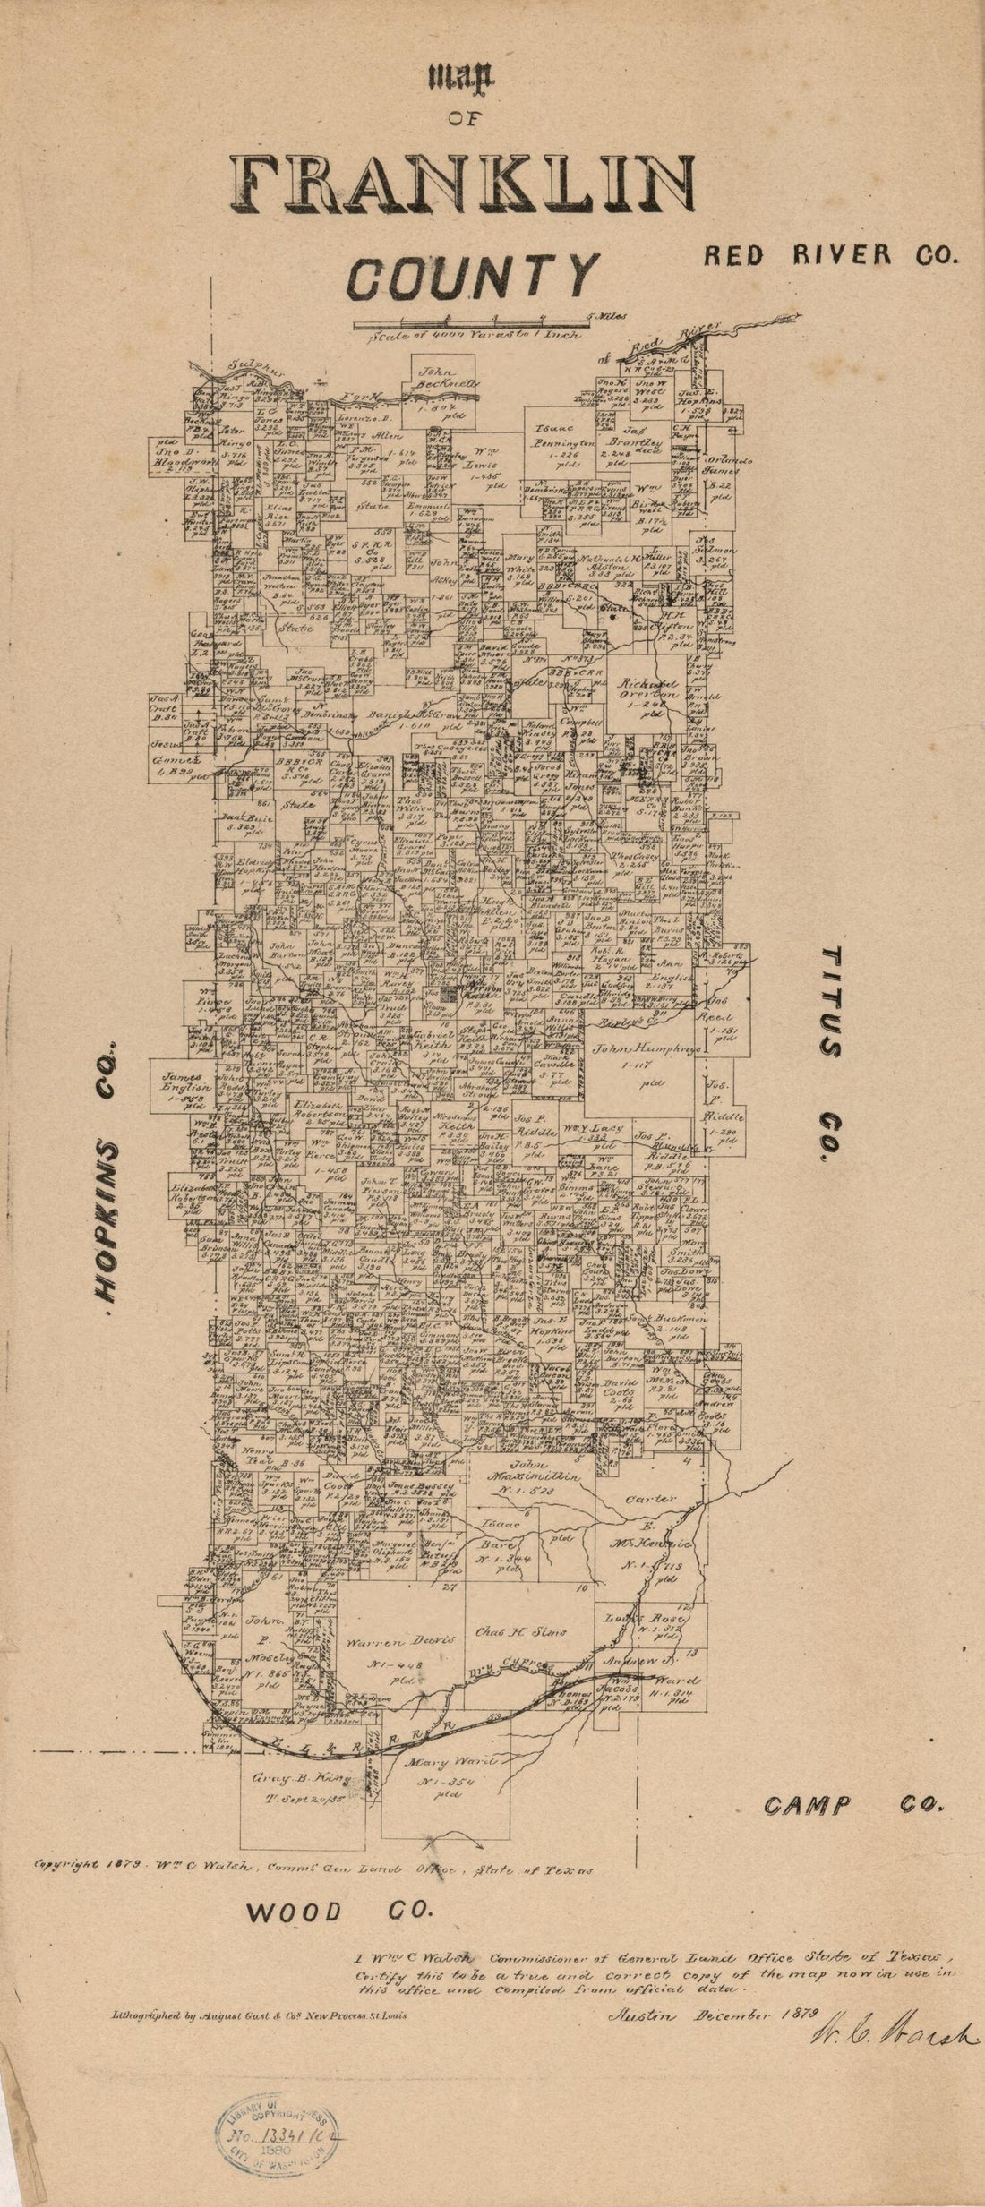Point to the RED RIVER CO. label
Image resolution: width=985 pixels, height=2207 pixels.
(830, 255)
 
